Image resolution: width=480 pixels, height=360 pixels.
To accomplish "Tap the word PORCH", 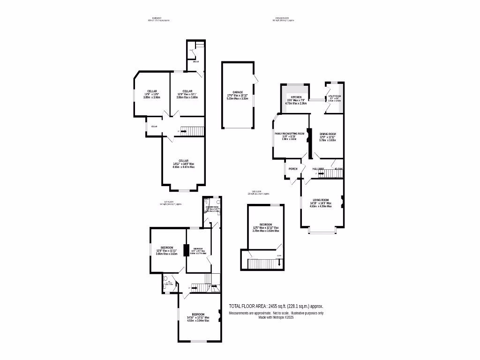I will [293, 169].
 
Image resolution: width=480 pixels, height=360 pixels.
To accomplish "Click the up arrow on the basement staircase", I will [183, 131].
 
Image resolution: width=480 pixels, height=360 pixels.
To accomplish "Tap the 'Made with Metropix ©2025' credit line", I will [276, 317].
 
